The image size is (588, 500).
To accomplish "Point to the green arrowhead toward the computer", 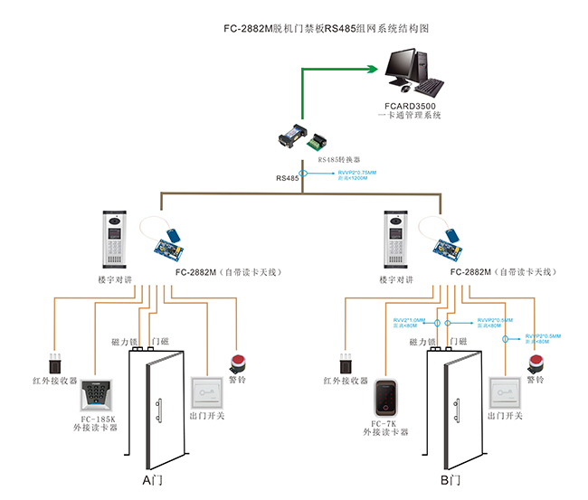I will [374, 68].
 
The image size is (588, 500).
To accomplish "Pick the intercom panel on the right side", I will [397, 240].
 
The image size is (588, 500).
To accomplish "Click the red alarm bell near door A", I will [239, 363].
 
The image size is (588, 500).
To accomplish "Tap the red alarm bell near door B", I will [535, 363].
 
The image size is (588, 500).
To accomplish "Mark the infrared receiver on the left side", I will [56, 363].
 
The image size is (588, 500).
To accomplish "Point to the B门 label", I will [450, 481].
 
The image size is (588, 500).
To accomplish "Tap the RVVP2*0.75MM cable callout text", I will [356, 173].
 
